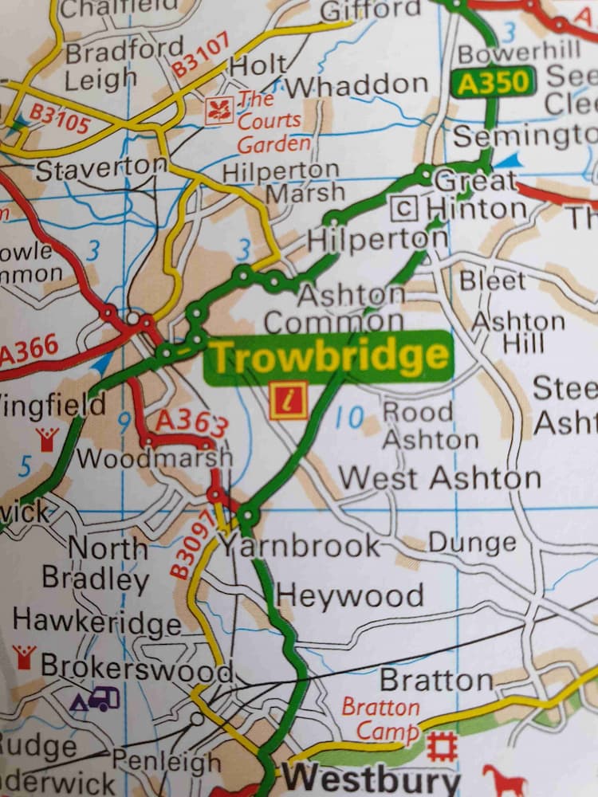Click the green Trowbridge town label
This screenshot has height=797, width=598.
click(329, 357)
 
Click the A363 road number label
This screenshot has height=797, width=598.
click(191, 422)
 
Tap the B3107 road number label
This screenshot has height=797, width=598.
click(201, 55)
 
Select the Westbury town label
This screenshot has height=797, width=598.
click(372, 776)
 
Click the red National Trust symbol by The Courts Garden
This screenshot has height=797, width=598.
click(218, 111)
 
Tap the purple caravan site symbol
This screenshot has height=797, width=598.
click(96, 700)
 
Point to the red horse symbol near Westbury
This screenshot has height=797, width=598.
click(504, 779)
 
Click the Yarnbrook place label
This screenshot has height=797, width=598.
click(300, 546)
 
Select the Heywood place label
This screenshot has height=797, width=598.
click(350, 595)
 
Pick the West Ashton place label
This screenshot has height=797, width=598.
click(440, 478)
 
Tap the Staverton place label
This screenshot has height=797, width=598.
click(102, 169)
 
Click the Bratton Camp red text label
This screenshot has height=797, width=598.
click(381, 719)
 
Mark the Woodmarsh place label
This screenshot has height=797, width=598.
click(155, 458)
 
